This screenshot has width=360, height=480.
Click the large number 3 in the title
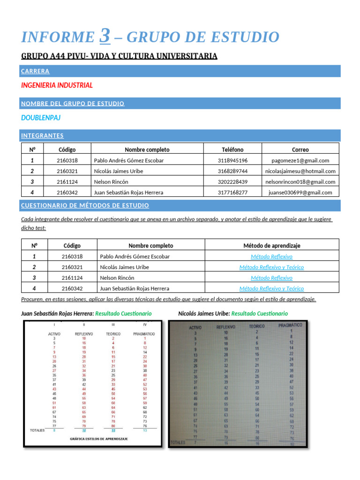pos(105,36)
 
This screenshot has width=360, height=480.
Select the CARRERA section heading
pos(35,71)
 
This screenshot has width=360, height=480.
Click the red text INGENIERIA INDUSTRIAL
pos(57,85)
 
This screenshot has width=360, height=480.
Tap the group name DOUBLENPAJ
pos(41,118)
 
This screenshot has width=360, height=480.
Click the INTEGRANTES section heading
pos(42,135)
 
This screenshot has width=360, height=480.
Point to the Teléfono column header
pos(232,150)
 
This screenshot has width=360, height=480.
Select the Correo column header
pos(300,150)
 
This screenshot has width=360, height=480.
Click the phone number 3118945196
pos(232,160)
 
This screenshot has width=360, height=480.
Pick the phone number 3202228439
pos(232,181)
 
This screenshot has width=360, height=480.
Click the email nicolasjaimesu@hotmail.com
pos(300,171)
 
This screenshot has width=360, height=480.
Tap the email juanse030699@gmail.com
pos(300,192)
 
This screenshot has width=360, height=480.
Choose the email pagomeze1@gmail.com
pos(300,160)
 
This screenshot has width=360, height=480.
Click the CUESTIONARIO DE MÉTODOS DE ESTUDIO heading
pos(85,205)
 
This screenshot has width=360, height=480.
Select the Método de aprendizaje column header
pos(271,246)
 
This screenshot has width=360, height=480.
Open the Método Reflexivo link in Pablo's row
pos(271,256)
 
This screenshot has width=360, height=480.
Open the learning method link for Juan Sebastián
pos(271,288)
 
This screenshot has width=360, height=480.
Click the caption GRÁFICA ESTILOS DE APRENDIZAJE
pos(98,439)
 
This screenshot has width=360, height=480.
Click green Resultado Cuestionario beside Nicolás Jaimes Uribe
pos(260,313)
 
